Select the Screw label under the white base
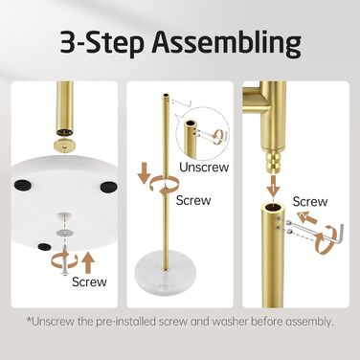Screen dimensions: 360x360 coord(89,281)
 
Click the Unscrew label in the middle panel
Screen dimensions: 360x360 coord(204,167)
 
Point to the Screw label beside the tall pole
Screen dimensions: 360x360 coord(193,200)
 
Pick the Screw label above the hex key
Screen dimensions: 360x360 coord(310,202)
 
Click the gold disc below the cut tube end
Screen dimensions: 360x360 coord(64,146)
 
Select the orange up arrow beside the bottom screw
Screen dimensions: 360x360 coord(88,261)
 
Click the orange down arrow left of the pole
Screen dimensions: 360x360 coord(145,173)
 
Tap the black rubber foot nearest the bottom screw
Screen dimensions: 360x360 coord(43,246)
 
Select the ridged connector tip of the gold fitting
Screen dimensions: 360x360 coord(274,162)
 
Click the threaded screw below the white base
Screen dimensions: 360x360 coord(65,261)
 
